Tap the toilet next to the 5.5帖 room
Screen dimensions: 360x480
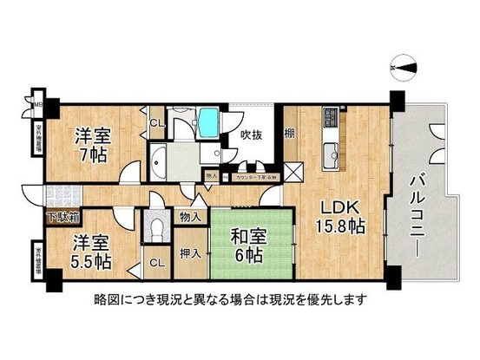(x=157, y=231)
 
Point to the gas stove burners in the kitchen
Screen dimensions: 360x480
(x=331, y=117)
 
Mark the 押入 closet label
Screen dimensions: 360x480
(x=191, y=253)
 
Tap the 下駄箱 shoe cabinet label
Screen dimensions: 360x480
(x=62, y=215)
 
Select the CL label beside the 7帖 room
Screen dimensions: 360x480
(x=155, y=124)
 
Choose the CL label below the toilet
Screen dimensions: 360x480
(x=155, y=262)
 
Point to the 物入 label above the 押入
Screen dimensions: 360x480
(x=191, y=217)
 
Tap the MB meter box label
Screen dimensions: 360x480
(x=36, y=106)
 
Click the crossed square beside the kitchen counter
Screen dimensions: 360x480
(x=294, y=172)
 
